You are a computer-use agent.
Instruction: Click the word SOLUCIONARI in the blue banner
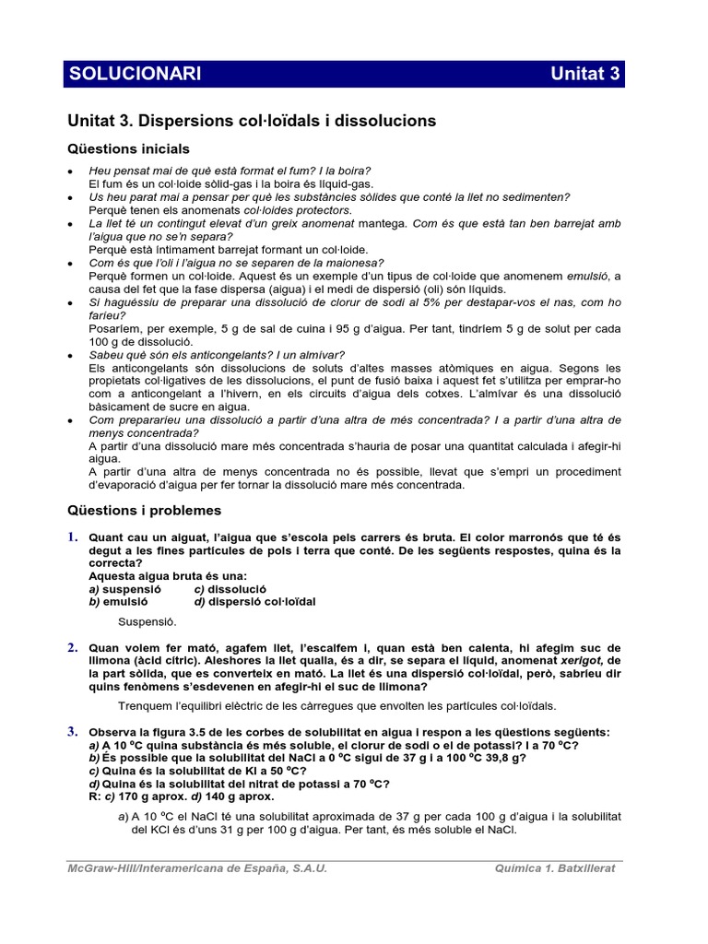[136, 75]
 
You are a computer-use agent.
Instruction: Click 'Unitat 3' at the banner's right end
[584, 75]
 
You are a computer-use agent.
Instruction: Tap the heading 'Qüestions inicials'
[129, 148]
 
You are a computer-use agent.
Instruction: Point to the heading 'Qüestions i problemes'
[145, 510]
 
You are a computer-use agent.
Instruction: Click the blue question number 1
[72, 537]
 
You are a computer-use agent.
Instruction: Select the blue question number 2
[72, 648]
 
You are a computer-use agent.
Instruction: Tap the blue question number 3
[72, 731]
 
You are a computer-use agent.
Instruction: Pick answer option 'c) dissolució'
[230, 588]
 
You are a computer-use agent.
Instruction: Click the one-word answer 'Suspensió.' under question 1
[147, 622]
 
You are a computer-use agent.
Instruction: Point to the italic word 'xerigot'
[579, 661]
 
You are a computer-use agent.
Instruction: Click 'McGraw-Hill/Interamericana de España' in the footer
[185, 868]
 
